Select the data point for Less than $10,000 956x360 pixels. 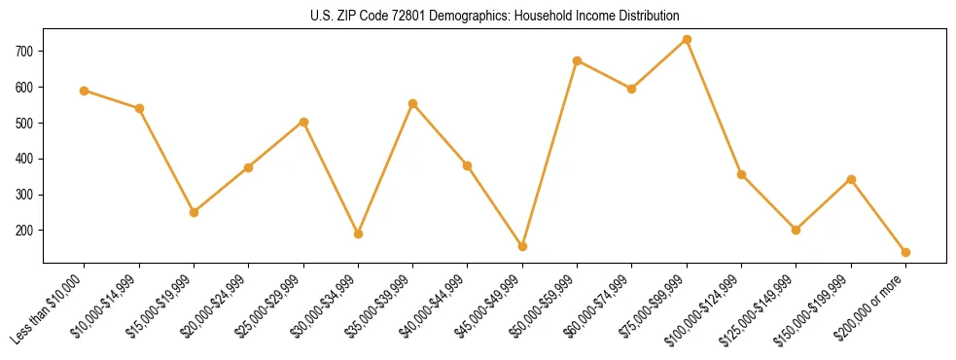click(85, 90)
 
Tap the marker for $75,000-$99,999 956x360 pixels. click(687, 39)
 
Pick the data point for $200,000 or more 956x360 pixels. click(905, 252)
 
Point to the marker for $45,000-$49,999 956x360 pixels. click(522, 246)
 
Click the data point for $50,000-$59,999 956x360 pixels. click(577, 60)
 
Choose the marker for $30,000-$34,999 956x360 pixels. click(358, 234)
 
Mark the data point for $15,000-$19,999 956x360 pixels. click(194, 212)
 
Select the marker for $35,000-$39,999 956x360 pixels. click(412, 103)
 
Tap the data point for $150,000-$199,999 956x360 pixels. click(851, 179)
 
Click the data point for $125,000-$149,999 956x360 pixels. click(796, 230)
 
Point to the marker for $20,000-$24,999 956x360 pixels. click(248, 167)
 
